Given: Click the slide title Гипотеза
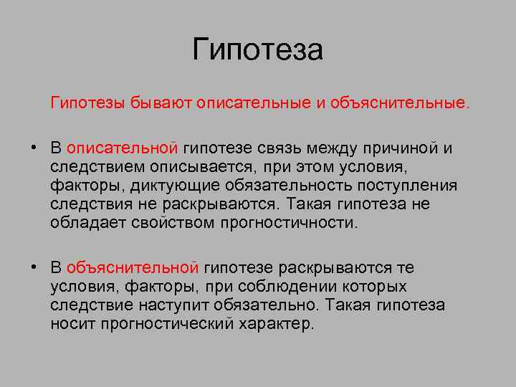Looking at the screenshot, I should [x=258, y=50].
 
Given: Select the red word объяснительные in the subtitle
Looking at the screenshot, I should [x=400, y=105].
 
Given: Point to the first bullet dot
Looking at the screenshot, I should [x=34, y=148].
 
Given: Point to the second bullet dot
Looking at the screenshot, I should [x=34, y=268].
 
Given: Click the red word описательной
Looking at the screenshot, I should [x=122, y=148].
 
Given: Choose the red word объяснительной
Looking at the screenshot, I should [x=133, y=268].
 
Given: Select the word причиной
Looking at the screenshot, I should [x=405, y=148].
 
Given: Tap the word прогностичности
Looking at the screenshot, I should [x=290, y=223].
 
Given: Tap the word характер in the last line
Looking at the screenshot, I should [x=278, y=324].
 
